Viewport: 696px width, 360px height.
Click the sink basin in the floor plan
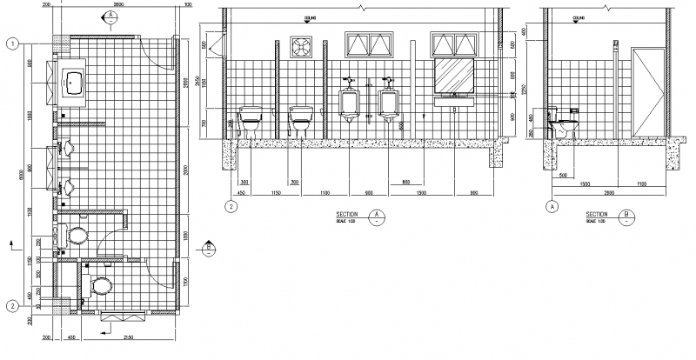click(x=75, y=84)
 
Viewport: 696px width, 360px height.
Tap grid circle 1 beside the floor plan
click(x=13, y=43)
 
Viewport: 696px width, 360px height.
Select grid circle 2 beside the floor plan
click(x=13, y=305)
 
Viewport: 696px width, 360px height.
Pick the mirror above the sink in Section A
click(x=454, y=76)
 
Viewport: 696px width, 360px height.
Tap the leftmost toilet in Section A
click(x=251, y=118)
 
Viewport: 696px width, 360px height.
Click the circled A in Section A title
click(x=377, y=214)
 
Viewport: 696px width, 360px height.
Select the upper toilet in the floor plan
click(x=78, y=236)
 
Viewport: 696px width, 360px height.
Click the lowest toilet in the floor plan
click(x=102, y=285)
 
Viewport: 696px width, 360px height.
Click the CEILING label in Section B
click(x=578, y=17)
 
